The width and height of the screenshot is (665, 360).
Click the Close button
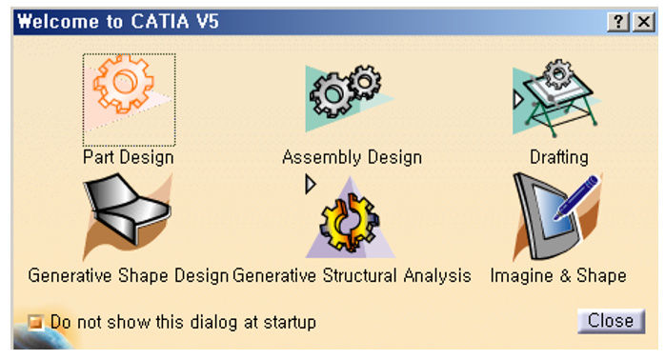610,321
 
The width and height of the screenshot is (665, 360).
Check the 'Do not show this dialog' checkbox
37,323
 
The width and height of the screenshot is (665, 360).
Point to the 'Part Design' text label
128,156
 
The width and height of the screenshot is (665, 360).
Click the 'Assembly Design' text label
352,156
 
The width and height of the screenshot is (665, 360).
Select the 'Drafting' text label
559,156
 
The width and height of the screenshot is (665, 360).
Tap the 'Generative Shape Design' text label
128,276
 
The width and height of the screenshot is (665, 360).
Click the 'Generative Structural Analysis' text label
352,276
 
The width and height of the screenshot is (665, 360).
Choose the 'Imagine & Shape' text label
558,276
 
